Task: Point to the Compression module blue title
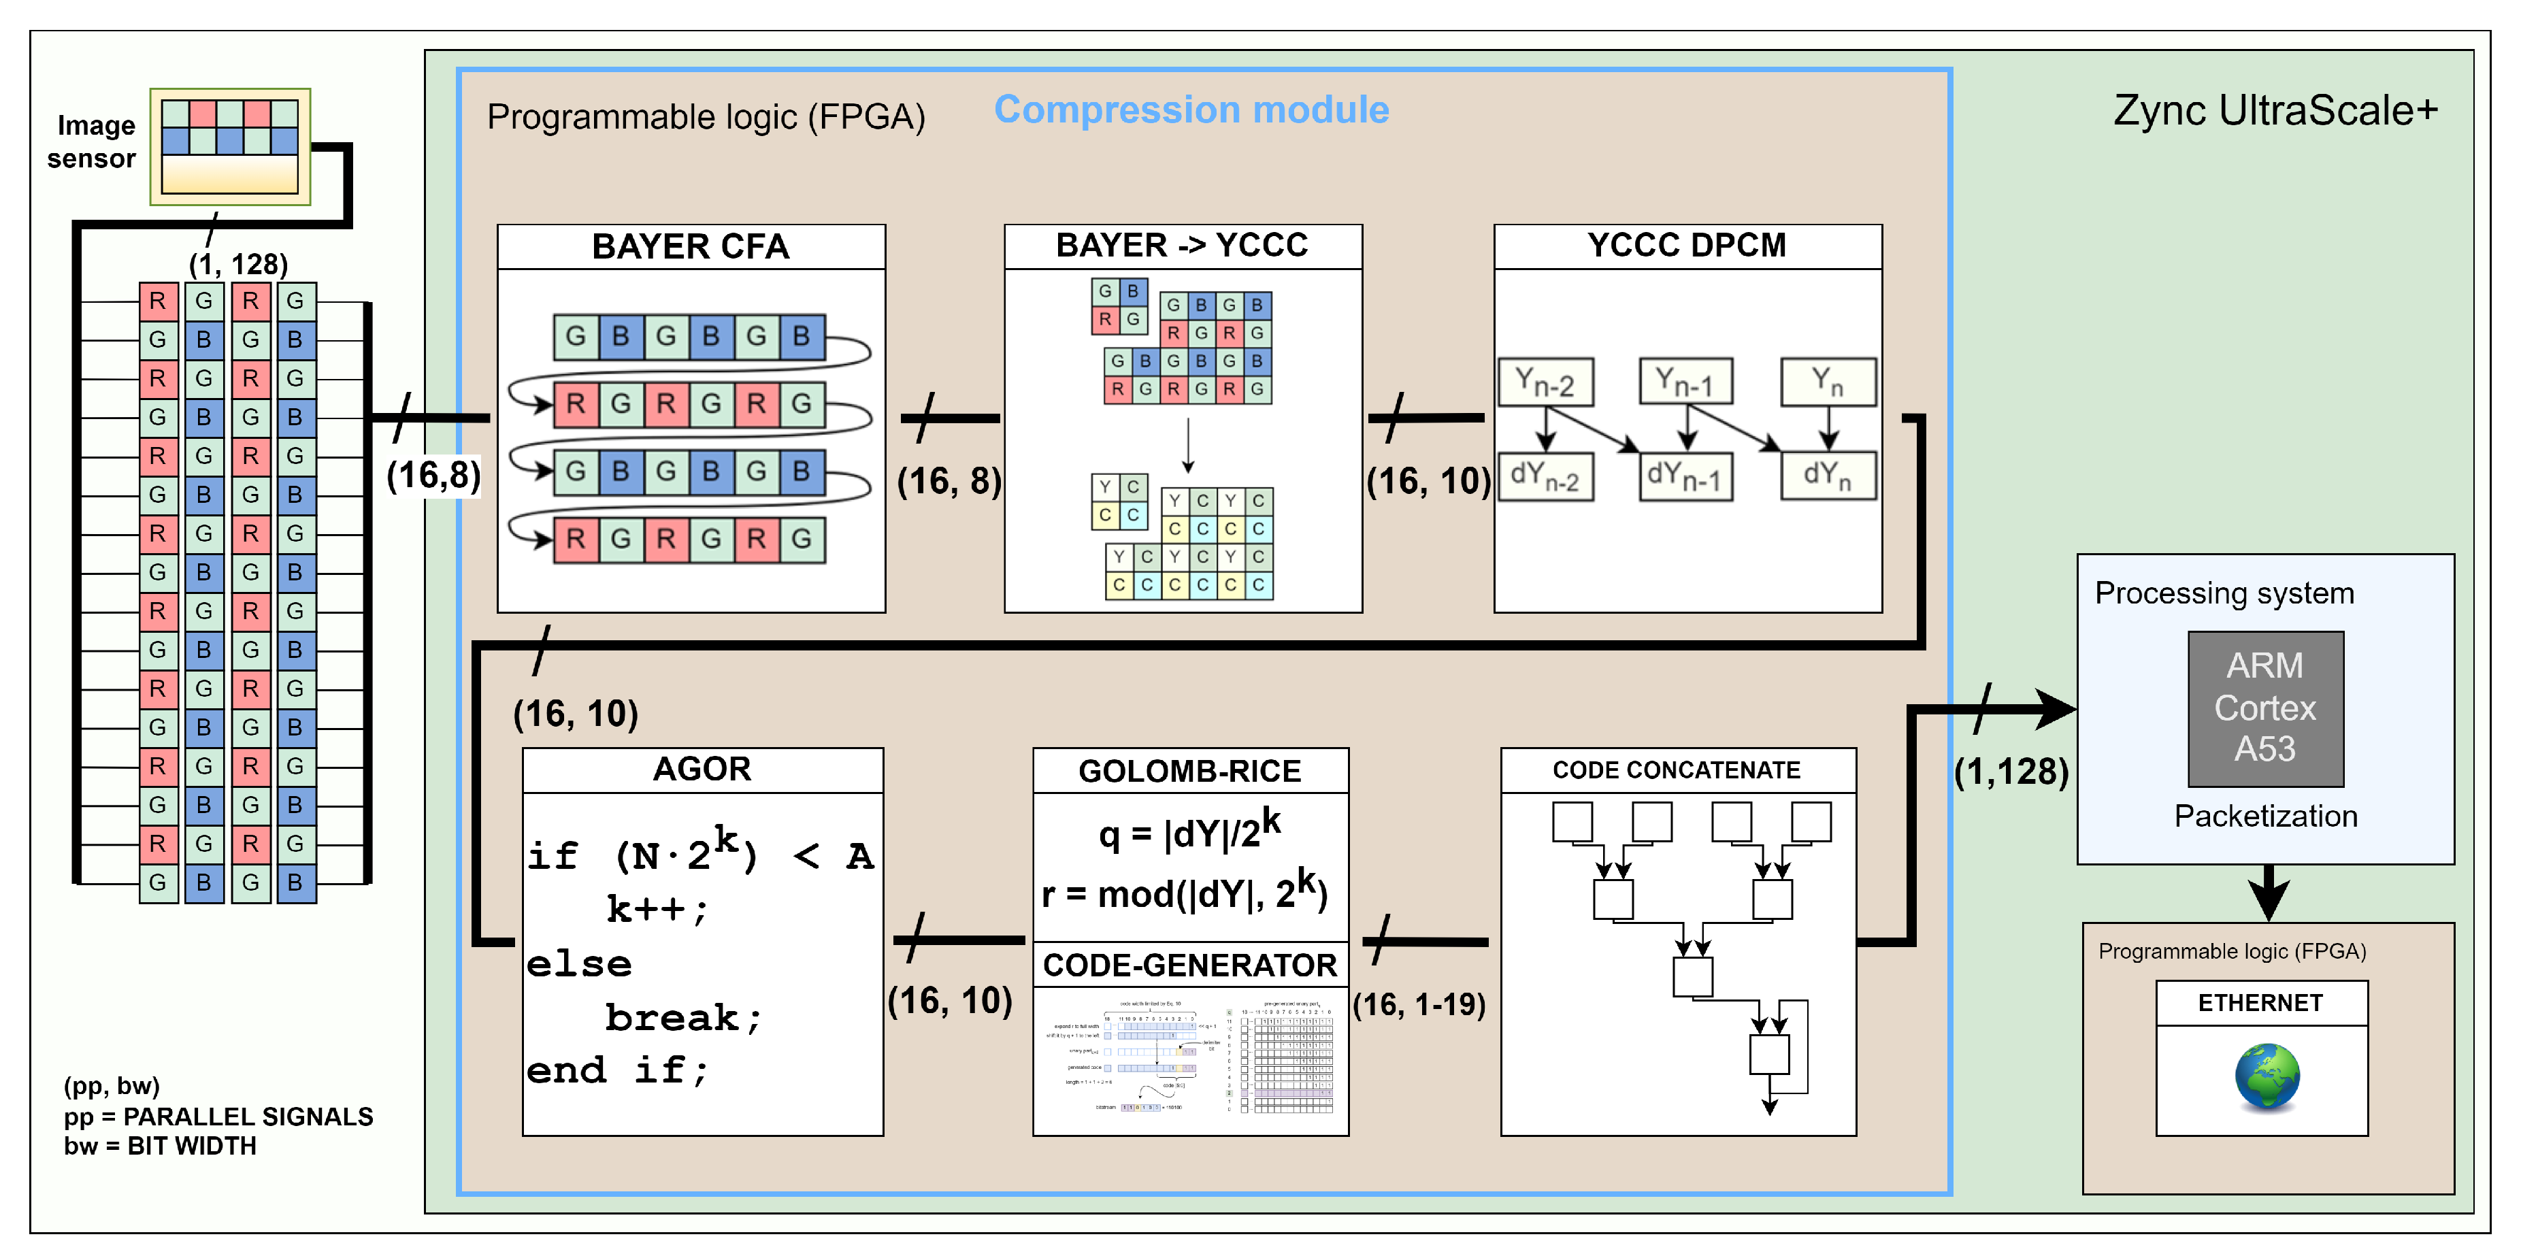tap(1191, 110)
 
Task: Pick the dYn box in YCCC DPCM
tap(1827, 476)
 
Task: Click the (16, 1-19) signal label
tap(1419, 1004)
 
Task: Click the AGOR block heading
tap(702, 770)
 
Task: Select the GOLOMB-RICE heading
tap(1189, 772)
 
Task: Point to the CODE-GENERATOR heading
tap(1189, 965)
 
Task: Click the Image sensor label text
tap(93, 142)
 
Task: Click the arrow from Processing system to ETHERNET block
tap(2267, 893)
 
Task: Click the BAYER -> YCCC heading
tap(1181, 245)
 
